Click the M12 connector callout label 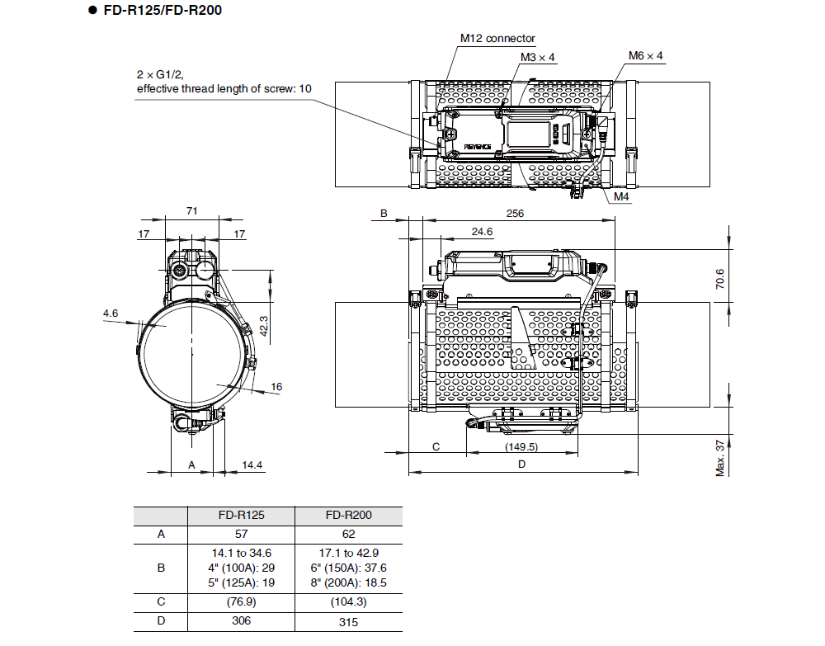(497, 38)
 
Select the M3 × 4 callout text (538, 57)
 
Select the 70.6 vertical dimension (719, 278)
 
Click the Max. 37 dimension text (719, 457)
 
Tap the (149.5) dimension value (521, 446)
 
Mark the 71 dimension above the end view (191, 211)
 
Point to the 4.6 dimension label (111, 313)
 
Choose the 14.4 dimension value (252, 465)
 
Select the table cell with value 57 (241, 534)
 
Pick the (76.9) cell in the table (241, 601)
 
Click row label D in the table (161, 621)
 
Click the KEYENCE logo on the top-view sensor (478, 146)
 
